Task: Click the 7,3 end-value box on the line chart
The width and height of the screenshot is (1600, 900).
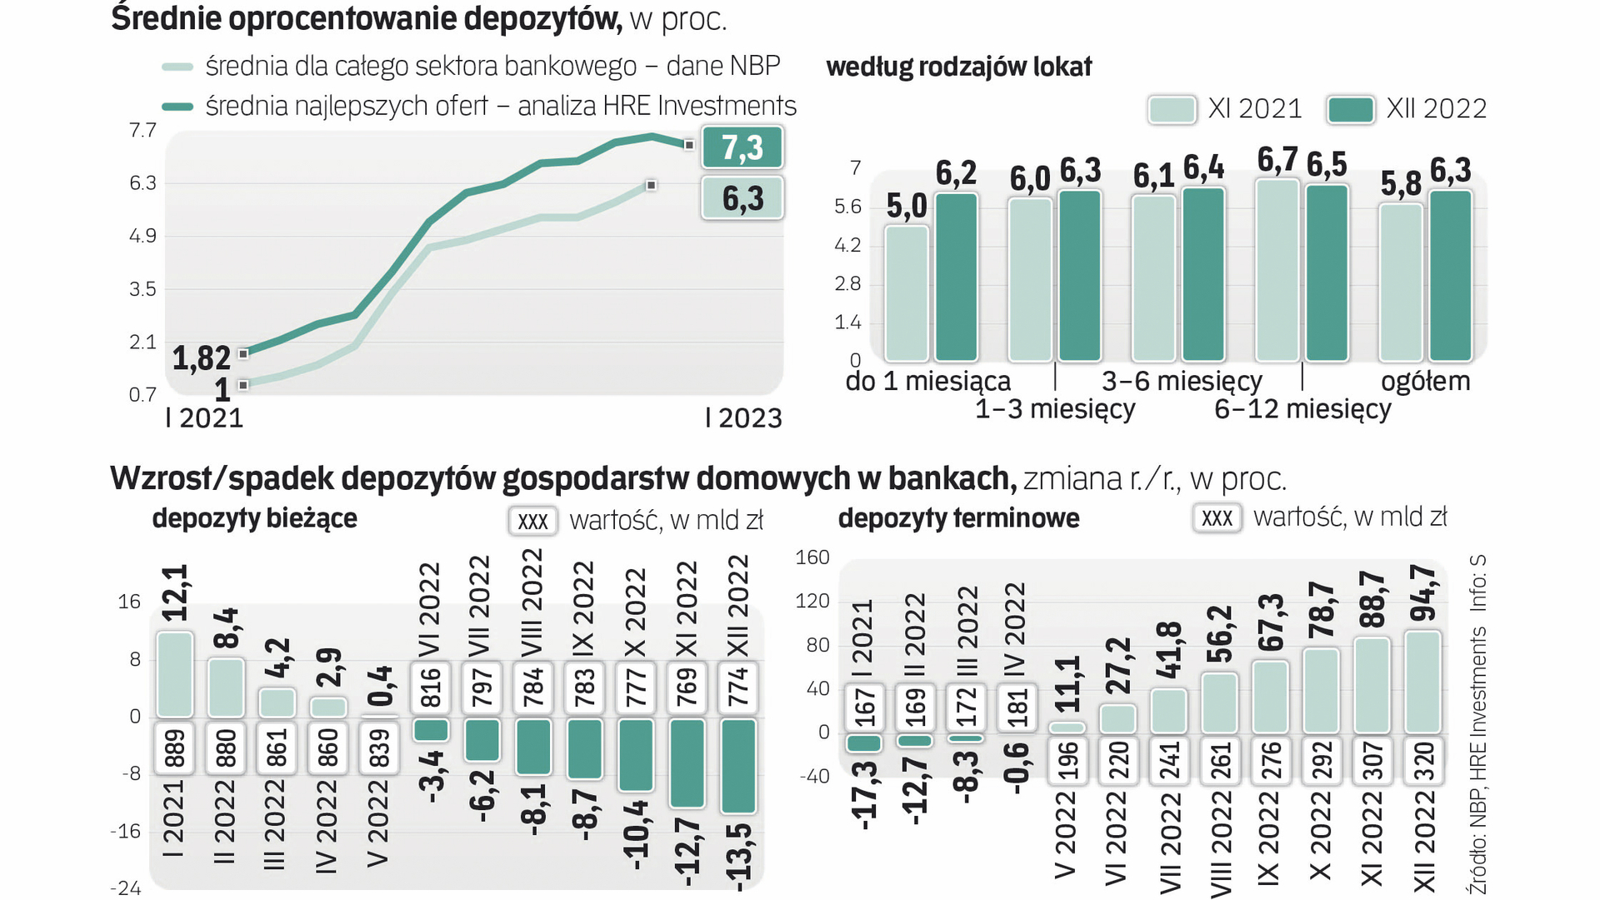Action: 742,147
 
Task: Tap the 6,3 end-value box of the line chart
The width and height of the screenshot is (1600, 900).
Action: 742,198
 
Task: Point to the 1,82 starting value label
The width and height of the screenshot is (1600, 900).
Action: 201,358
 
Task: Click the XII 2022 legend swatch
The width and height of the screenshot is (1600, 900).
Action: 1350,109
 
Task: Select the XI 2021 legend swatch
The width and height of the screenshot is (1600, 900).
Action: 1172,109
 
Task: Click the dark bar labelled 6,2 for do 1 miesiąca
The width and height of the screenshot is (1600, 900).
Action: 956,277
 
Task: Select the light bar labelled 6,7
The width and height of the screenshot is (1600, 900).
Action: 1277,270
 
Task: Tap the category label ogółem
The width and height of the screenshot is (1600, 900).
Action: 1425,382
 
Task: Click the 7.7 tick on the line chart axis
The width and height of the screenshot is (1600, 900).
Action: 142,130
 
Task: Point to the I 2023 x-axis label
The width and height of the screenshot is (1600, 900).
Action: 743,417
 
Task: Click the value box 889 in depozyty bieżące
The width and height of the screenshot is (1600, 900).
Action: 175,747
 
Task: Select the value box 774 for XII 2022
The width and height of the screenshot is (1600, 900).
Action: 738,687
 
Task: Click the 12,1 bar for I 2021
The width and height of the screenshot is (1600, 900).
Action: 175,674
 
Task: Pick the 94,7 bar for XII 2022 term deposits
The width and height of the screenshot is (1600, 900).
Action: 1422,682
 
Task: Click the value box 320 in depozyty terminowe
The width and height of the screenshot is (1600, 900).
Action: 1423,760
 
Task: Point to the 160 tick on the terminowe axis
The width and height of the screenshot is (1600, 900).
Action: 812,557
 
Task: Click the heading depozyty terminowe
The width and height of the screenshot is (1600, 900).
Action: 958,518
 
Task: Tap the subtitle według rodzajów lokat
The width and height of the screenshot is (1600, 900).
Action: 958,67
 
